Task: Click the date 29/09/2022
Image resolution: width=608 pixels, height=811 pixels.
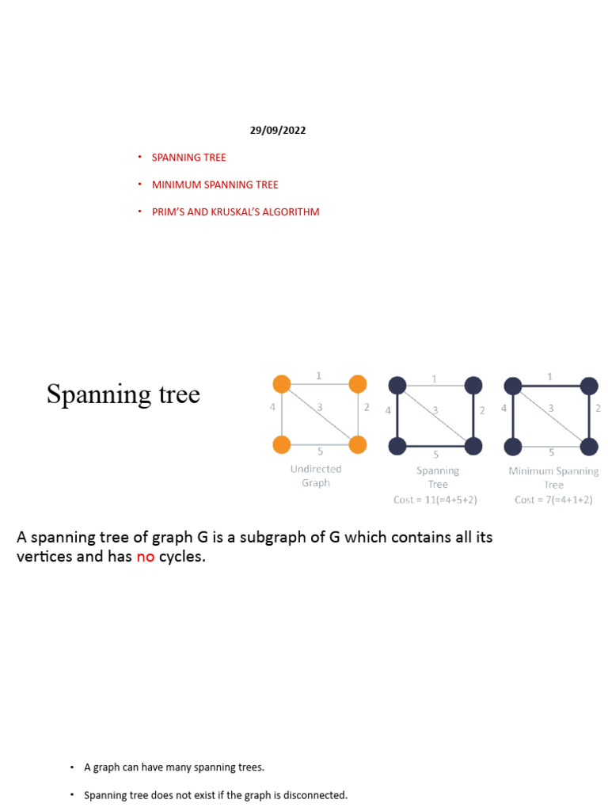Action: click(x=277, y=131)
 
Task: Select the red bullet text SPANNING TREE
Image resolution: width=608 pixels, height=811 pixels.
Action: click(x=188, y=158)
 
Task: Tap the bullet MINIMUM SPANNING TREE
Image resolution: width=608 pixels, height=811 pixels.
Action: click(x=215, y=185)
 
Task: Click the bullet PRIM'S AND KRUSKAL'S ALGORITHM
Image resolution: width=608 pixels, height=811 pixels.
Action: click(x=235, y=212)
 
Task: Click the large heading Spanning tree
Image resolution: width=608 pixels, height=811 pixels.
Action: click(x=123, y=394)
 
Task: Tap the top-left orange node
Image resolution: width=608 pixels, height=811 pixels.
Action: click(x=282, y=385)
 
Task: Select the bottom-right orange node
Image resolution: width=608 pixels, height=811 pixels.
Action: click(x=357, y=445)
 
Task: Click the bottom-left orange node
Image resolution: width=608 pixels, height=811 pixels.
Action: click(x=282, y=445)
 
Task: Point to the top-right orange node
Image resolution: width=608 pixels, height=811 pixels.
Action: click(x=357, y=385)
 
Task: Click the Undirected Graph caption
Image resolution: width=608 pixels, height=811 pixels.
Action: click(x=315, y=476)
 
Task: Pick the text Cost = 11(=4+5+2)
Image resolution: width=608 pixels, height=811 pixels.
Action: click(x=435, y=500)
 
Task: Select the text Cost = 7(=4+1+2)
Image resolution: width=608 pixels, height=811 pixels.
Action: click(x=553, y=500)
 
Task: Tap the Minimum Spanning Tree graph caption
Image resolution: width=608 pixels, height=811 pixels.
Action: click(x=553, y=478)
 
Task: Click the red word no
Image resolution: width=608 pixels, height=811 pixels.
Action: click(x=145, y=557)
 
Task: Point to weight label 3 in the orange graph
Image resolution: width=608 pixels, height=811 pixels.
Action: click(x=320, y=408)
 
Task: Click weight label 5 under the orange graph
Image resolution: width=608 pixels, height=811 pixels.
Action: click(x=320, y=452)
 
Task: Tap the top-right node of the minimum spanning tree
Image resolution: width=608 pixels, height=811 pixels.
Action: click(x=588, y=386)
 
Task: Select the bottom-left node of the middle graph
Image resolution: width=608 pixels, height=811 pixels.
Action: click(x=397, y=446)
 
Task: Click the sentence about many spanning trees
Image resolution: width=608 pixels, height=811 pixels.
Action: click(x=174, y=767)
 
